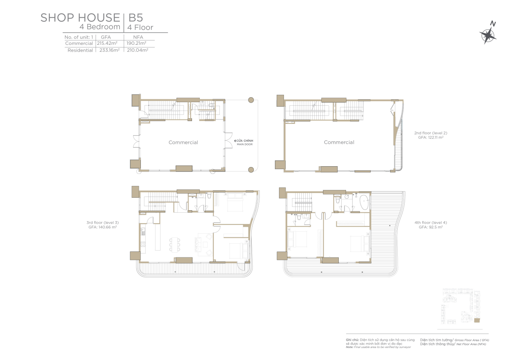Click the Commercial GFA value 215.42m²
point(107,43)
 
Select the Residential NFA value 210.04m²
point(138,50)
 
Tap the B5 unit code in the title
point(136,18)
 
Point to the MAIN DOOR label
point(245,144)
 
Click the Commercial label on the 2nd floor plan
point(339,142)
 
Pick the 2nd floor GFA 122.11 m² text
point(431,137)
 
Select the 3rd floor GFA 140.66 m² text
point(102,227)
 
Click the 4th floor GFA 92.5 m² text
point(431,227)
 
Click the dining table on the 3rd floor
point(175,244)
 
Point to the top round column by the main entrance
point(251,100)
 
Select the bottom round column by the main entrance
point(251,170)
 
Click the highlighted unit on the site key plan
point(477,320)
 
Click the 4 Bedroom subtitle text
point(100,27)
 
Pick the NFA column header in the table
point(138,37)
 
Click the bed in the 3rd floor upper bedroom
point(235,202)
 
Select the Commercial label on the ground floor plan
point(183,142)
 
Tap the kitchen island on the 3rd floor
point(158,237)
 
